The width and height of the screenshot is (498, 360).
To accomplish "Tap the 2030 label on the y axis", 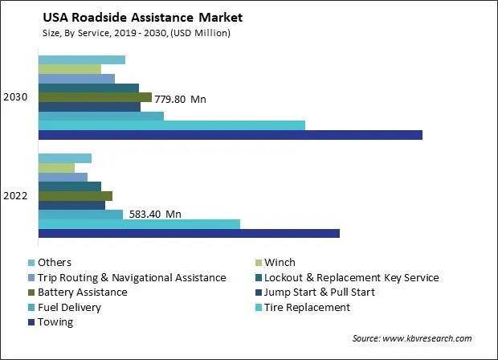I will (15, 97).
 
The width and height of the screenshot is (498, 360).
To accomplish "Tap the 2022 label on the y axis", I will (15, 195).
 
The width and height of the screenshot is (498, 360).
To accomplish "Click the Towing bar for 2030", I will (230, 134).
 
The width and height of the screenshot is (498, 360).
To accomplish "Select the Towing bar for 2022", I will (189, 233).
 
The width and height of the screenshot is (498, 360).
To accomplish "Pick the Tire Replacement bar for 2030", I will (171, 125).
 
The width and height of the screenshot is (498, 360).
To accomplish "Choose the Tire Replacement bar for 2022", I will (139, 223).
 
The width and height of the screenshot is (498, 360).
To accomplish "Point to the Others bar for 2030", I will (81, 59).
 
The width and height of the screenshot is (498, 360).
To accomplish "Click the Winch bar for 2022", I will (56, 167).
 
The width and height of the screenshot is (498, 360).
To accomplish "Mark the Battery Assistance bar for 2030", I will (95, 97).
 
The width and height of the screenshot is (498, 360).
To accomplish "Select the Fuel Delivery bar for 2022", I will (80, 214).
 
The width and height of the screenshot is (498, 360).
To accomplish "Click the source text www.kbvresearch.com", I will (411, 338).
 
